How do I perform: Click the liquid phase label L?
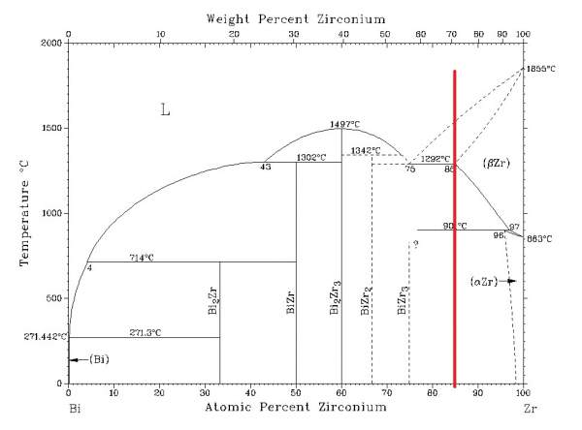(165, 110)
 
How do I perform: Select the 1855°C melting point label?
(539, 69)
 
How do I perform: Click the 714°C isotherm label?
(143, 257)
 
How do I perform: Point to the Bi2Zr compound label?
(213, 301)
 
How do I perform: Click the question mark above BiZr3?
(414, 244)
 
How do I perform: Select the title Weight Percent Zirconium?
(295, 18)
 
